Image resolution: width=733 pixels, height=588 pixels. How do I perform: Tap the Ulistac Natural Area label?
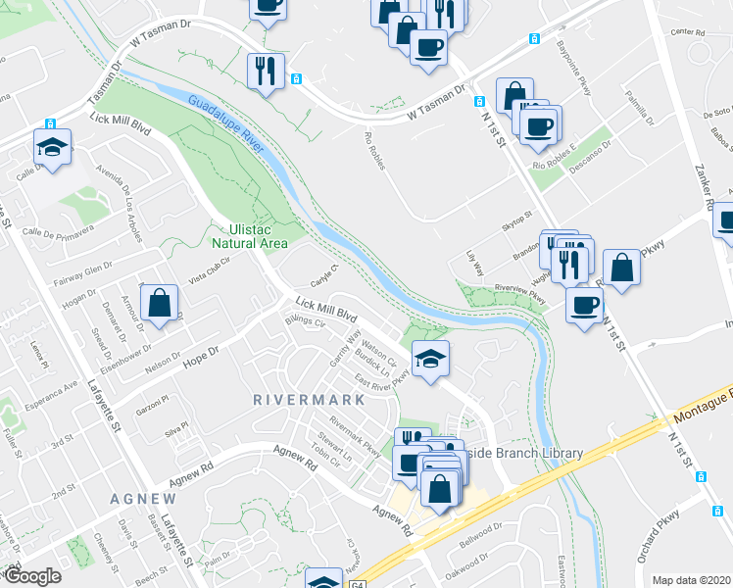251,236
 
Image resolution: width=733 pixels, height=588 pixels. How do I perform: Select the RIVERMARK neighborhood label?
309,400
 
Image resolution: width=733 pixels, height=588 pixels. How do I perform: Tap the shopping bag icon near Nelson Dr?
159,305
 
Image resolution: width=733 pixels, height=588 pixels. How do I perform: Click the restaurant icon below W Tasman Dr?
267,71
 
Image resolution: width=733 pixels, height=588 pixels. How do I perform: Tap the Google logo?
32,576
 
